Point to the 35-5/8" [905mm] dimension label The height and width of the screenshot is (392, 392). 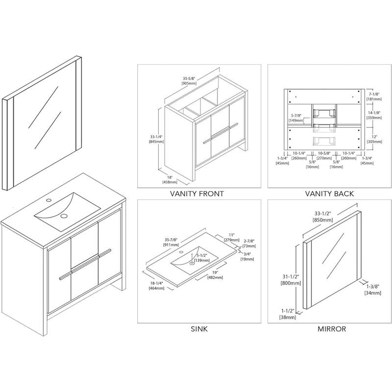(189, 80)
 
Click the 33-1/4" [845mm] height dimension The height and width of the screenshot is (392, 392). (156, 139)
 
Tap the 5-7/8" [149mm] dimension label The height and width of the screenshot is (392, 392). (294, 116)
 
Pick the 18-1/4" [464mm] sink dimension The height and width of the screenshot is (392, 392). (156, 286)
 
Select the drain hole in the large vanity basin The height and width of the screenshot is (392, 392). (64, 215)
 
